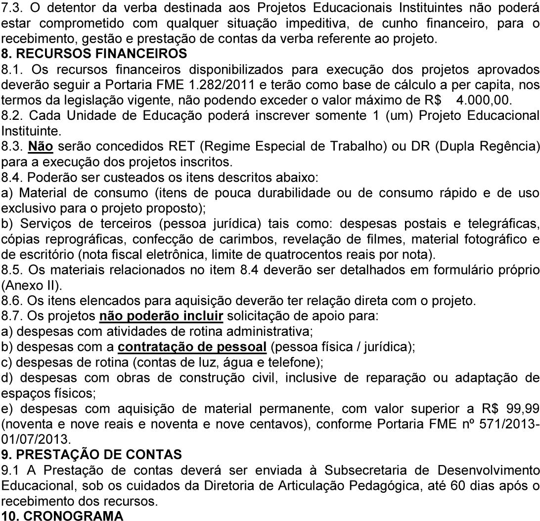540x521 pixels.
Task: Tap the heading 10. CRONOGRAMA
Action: pos(62,515)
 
